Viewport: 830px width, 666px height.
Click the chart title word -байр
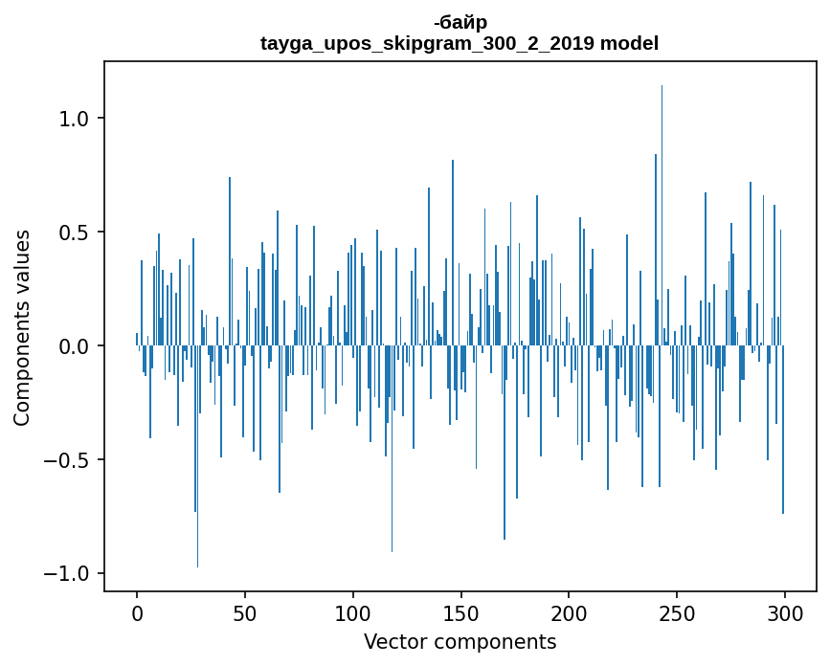(460, 23)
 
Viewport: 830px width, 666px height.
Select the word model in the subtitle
(629, 43)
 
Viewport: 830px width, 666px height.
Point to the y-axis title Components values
(22, 327)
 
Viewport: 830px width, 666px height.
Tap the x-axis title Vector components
(460, 642)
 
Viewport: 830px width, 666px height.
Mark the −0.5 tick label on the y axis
(69, 460)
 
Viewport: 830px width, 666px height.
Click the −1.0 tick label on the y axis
(69, 574)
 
